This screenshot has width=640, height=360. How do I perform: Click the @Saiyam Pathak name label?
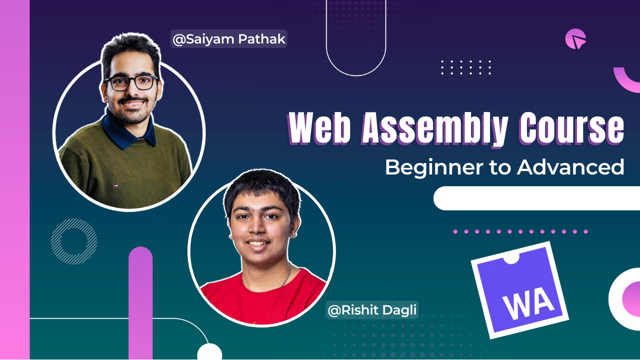click(x=229, y=39)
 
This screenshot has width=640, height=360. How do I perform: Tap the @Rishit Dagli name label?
click(x=372, y=310)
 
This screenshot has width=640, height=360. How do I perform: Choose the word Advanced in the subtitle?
click(x=570, y=167)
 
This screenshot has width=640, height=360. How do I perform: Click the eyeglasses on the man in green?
click(x=131, y=82)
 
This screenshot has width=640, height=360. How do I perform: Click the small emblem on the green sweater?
click(x=115, y=185)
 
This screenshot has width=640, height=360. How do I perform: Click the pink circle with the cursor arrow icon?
click(x=575, y=39)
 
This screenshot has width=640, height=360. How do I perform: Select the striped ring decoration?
click(x=74, y=241)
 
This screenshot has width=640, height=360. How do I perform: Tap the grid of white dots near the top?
click(x=466, y=67)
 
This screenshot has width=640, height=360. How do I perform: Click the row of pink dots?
click(x=520, y=231)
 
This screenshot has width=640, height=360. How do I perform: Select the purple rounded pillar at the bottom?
click(x=140, y=300)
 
